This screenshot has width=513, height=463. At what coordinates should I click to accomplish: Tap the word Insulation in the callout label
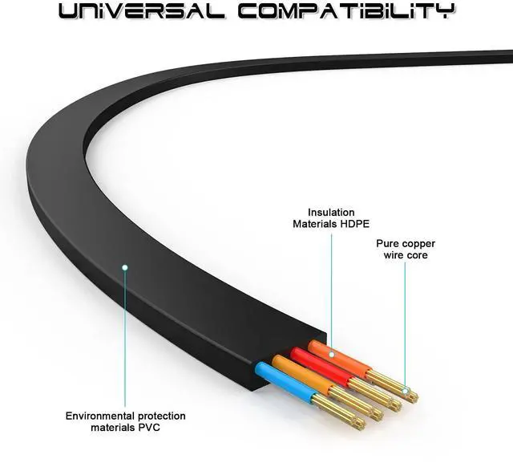(329, 211)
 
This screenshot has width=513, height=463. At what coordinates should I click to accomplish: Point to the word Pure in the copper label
(390, 242)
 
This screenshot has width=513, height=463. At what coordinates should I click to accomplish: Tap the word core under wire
(416, 255)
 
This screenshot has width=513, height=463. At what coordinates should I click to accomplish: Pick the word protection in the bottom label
(160, 416)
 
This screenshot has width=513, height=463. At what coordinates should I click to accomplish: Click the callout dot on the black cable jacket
(124, 266)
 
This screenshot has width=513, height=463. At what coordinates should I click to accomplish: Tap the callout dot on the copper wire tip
(406, 393)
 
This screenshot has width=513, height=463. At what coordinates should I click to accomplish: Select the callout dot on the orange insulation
(331, 343)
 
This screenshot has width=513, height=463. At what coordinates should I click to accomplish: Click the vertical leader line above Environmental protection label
(124, 337)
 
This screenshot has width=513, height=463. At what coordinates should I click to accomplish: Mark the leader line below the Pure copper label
(405, 321)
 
